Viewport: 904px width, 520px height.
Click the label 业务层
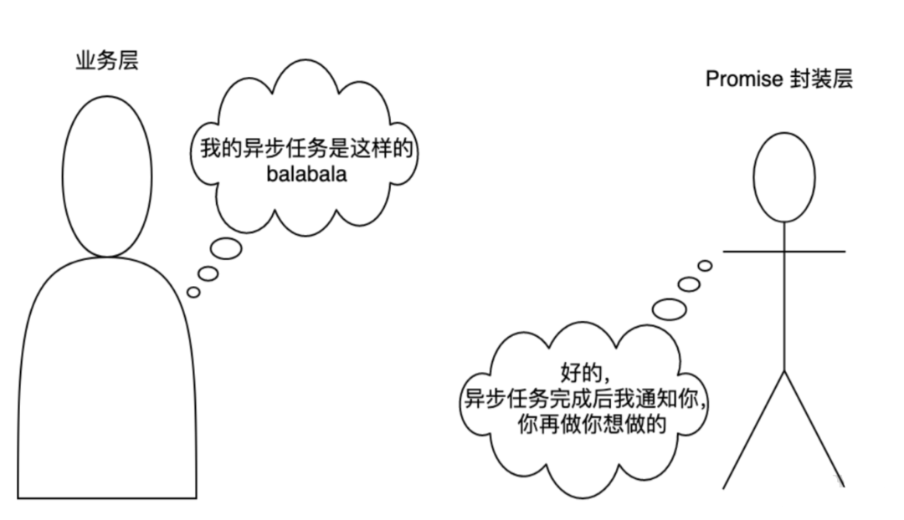pos(107,61)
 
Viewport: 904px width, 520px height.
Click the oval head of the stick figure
pos(784,176)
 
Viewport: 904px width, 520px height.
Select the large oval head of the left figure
pos(109,176)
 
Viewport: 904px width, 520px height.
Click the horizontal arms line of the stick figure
pos(784,251)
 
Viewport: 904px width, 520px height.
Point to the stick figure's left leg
pos(753,430)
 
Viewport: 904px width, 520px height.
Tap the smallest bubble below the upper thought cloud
pos(193,292)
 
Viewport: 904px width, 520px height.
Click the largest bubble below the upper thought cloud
pos(226,248)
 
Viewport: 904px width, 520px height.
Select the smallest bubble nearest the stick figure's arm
pos(705,266)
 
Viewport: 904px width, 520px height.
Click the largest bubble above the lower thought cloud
pos(670,308)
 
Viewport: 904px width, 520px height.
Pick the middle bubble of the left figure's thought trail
pos(208,273)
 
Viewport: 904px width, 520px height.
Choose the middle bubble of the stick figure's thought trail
pos(689,284)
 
